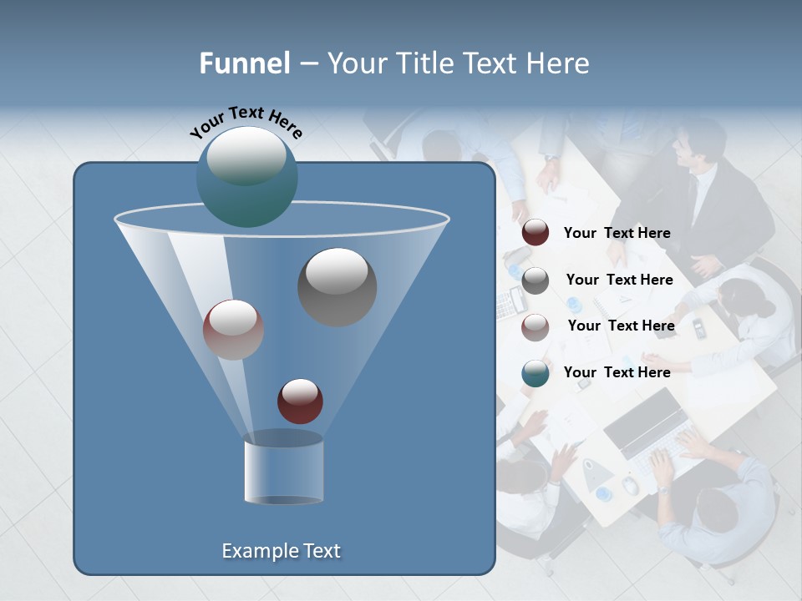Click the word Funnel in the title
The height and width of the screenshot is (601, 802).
pos(245,63)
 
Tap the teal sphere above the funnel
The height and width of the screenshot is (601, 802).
pos(246,176)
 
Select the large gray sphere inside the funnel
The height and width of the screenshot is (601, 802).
pos(337,286)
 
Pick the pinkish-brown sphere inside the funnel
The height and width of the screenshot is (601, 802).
pos(233,330)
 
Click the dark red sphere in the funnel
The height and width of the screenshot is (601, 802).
pos(300,401)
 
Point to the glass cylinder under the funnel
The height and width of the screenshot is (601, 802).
pos(283,468)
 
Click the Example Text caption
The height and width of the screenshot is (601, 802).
pos(281,551)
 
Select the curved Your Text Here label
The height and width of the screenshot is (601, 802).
pos(246,121)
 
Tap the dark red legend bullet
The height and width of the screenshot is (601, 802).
pos(536,233)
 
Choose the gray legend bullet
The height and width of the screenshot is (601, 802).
pos(536,280)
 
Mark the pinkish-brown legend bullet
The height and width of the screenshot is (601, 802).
pos(536,327)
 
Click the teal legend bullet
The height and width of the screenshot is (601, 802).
pos(536,373)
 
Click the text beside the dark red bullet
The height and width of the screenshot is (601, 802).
pos(617,234)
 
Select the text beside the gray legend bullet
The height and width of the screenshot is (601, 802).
pos(619,280)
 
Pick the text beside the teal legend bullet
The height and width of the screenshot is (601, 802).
pos(617,372)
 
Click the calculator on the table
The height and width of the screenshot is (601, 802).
pos(507,305)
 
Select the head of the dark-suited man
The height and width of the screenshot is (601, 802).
pos(698,144)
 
